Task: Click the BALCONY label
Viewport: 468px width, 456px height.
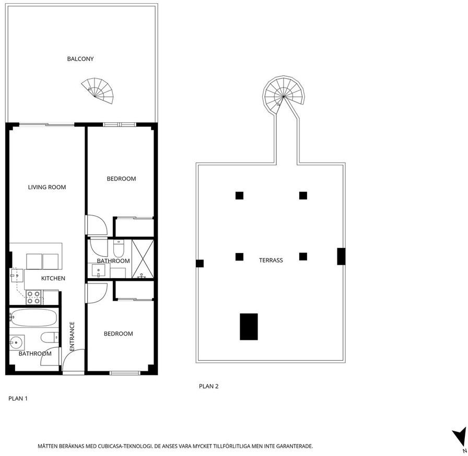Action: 80,59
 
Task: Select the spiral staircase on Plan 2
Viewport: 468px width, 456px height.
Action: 283,95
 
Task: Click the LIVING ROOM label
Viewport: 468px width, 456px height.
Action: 47,187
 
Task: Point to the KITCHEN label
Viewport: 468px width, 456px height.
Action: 53,279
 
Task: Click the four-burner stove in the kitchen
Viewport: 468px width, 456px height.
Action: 33,298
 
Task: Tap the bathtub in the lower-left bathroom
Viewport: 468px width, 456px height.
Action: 33,317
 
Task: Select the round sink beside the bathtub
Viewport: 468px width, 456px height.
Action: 16,343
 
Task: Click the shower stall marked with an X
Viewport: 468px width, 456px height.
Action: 143,258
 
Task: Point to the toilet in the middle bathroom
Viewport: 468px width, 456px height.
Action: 119,248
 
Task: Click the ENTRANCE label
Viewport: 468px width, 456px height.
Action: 72,336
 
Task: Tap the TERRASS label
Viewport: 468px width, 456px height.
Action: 271,260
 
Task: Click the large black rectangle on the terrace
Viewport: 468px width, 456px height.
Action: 249,327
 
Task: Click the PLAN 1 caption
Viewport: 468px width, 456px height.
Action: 18,398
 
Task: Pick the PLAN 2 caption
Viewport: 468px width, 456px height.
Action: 208,386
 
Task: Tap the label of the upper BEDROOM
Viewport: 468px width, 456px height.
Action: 121,179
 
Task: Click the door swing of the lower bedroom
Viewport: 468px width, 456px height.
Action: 97,293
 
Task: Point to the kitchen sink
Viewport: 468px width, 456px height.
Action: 17,276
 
